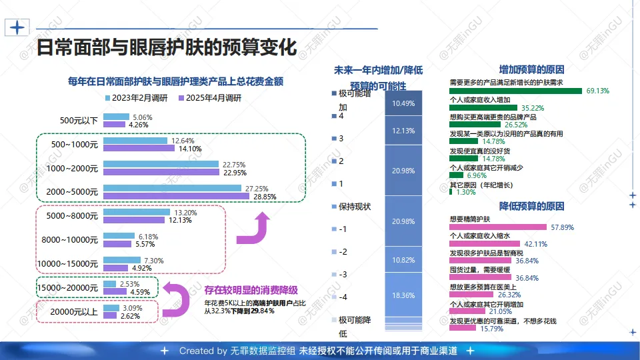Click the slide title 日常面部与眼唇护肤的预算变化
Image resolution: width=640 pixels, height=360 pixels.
(165, 47)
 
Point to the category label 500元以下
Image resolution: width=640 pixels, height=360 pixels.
(79, 121)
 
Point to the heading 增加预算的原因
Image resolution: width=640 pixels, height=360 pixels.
(532, 69)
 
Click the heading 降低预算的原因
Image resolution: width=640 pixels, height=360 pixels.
(532, 205)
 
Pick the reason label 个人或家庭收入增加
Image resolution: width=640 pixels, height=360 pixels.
(480, 100)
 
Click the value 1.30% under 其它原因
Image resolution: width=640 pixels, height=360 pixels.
(466, 192)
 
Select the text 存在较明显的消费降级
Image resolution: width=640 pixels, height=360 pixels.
(251, 290)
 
